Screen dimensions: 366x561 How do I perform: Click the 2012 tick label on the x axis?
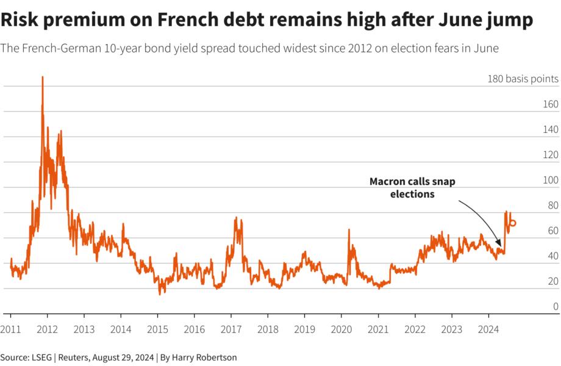(47, 329)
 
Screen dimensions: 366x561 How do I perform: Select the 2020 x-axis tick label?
(341, 329)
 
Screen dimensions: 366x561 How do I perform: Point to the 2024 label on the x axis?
(488, 329)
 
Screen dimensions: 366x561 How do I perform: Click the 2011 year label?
(10, 329)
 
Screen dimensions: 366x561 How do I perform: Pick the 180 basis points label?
(523, 79)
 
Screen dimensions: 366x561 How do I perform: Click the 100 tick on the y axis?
(551, 180)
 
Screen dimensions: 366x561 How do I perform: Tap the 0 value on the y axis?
(555, 306)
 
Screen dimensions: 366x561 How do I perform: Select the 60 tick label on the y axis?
(552, 231)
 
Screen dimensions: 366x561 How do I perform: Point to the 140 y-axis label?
(550, 129)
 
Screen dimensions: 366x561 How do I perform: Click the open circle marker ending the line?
(512, 223)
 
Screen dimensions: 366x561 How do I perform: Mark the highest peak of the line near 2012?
(42, 77)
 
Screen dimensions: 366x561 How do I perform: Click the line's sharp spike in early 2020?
(349, 230)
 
